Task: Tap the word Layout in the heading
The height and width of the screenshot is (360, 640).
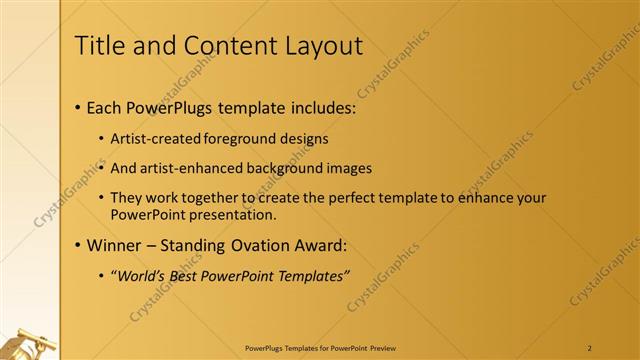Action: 318,46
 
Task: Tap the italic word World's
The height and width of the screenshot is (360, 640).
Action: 141,276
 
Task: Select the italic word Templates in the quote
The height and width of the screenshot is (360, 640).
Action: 312,276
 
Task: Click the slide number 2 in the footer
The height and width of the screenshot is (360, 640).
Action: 590,349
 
